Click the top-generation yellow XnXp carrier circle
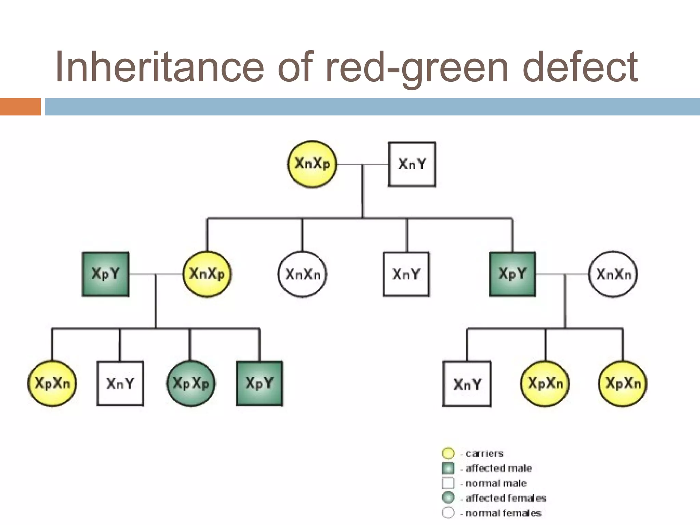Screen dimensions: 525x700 [312, 164]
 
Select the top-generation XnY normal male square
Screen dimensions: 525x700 [412, 164]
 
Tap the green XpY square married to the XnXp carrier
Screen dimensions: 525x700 [106, 274]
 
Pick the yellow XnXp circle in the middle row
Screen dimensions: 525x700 [207, 274]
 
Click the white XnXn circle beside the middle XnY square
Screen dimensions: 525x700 [302, 274]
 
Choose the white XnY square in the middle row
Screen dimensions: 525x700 [406, 274]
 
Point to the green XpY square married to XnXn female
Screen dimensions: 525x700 [512, 274]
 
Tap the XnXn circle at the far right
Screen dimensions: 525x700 [613, 274]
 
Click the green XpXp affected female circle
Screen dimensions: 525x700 [191, 383]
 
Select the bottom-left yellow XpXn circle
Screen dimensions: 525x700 [52, 383]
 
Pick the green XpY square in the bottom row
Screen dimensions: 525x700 [259, 383]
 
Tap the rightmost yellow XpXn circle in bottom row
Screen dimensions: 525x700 [623, 383]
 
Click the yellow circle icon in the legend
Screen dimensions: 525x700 [448, 454]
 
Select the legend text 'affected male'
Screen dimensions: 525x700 [498, 468]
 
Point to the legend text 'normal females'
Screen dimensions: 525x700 [503, 513]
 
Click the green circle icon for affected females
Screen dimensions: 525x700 [448, 498]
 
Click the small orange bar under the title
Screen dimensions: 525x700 [20, 107]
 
